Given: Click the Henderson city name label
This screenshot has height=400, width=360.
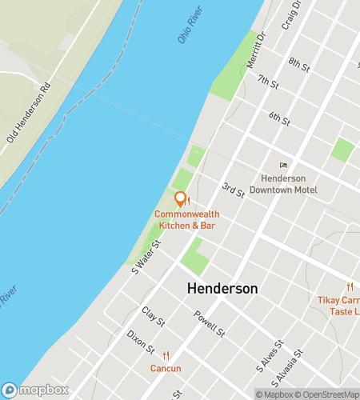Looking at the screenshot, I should [222, 288].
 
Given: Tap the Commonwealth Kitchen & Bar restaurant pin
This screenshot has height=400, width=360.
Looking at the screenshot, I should [181, 199].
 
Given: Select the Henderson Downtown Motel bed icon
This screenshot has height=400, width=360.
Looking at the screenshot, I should [282, 165].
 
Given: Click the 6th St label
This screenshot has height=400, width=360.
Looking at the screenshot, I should [279, 118].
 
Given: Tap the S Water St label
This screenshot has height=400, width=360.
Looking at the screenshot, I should [147, 256].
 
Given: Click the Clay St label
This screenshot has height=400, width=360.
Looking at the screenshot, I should [153, 317].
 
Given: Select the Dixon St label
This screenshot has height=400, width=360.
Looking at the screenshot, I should [141, 342].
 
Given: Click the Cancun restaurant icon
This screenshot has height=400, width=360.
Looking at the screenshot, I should [166, 355].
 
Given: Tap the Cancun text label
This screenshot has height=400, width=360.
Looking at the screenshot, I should [166, 369].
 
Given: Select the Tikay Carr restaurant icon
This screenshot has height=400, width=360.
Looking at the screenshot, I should [350, 287].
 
